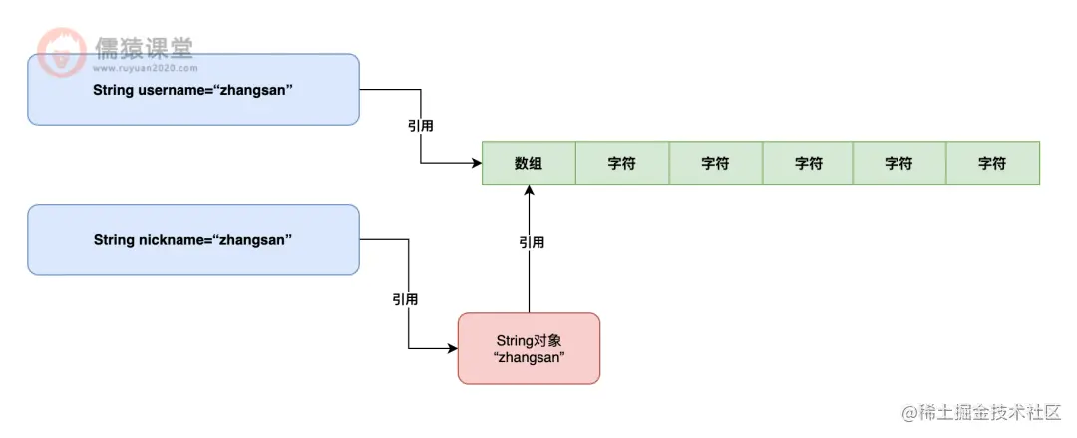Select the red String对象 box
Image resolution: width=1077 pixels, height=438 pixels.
[x=529, y=348]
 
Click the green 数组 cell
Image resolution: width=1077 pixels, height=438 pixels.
[x=529, y=164]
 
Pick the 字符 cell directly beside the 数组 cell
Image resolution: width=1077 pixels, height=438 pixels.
[x=621, y=164]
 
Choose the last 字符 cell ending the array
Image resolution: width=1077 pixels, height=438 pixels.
[x=992, y=164]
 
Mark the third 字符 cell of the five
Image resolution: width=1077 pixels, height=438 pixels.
[x=807, y=164]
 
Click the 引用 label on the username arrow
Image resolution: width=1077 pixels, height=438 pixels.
[x=420, y=127]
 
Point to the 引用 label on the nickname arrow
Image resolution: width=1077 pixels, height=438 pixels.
[x=405, y=299]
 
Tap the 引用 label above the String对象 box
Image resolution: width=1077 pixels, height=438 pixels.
[x=532, y=242]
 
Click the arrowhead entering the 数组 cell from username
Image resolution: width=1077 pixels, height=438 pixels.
[x=476, y=164]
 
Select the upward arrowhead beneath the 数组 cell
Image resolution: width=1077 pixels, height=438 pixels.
[x=529, y=192]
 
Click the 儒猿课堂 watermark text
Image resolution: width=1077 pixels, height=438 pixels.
[x=144, y=46]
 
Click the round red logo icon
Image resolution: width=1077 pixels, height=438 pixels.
[x=62, y=52]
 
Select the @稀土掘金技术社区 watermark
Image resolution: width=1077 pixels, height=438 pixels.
[x=981, y=412]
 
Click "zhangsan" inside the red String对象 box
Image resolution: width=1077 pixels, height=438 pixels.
[x=529, y=357]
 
